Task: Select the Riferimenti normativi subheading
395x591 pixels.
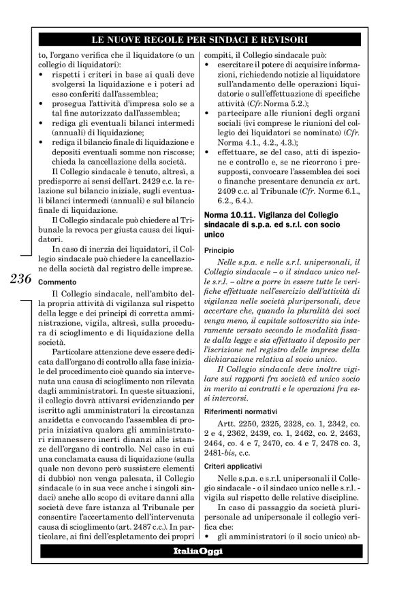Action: (x=240, y=411)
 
